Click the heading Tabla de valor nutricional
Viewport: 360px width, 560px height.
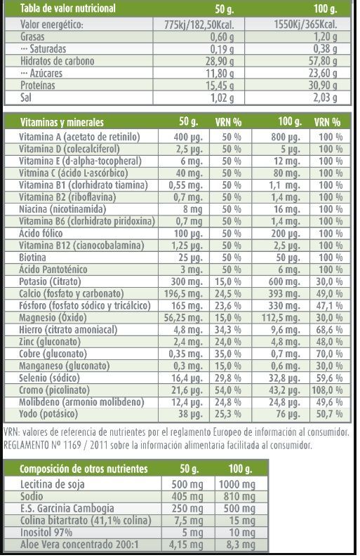coord(68,8)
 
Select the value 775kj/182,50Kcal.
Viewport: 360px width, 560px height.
coord(199,25)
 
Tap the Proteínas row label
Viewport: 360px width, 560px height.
coord(38,86)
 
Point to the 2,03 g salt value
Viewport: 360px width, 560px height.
coord(326,98)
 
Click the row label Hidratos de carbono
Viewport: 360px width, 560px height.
coord(57,61)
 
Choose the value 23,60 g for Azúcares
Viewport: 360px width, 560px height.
coord(323,73)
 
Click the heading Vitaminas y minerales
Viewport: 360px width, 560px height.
coord(62,122)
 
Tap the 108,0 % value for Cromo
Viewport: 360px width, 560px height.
coord(327,390)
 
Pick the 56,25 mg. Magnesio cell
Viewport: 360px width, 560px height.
coord(183,317)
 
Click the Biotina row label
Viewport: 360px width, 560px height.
coord(32,258)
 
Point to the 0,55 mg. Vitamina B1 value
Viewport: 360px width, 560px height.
coord(186,185)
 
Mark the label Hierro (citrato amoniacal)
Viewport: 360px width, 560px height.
coord(68,330)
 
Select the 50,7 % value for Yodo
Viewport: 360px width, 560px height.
coord(329,414)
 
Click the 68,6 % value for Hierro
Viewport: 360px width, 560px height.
coord(329,330)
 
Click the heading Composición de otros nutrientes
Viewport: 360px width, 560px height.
coord(84,469)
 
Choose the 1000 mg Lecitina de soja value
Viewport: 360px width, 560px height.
coord(237,484)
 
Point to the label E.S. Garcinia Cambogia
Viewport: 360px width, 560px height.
coord(67,508)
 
